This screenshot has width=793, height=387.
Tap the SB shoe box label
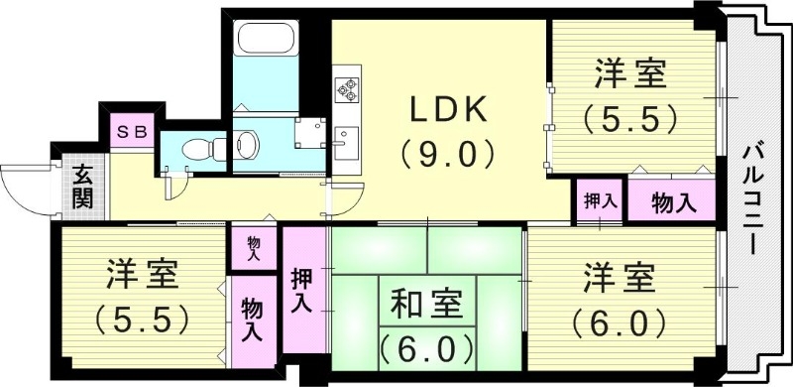pyautogui.click(x=130, y=131)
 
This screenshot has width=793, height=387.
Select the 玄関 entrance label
pyautogui.click(x=82, y=186)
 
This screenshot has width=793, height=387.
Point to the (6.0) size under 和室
pyautogui.click(x=427, y=347)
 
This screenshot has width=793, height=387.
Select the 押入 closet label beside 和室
pyautogui.click(x=302, y=288)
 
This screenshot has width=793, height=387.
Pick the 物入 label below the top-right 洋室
pyautogui.click(x=672, y=201)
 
